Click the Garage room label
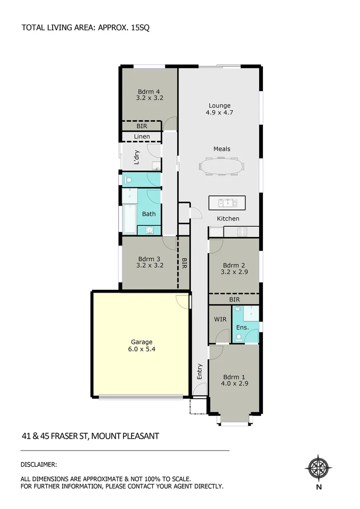coord(141,342)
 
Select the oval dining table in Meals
coord(221,166)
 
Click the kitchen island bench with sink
coord(227,203)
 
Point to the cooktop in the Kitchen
coord(242,232)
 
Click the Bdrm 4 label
coord(149,91)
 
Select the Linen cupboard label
coord(142,137)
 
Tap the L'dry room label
coord(137,157)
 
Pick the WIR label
coord(220,320)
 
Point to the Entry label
coord(199,371)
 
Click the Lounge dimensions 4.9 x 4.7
coord(220,113)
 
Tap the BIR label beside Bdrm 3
coord(184,263)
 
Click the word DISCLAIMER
coord(39,464)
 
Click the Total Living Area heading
coord(85,28)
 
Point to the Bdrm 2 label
coord(234,265)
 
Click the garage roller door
coord(141,397)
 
